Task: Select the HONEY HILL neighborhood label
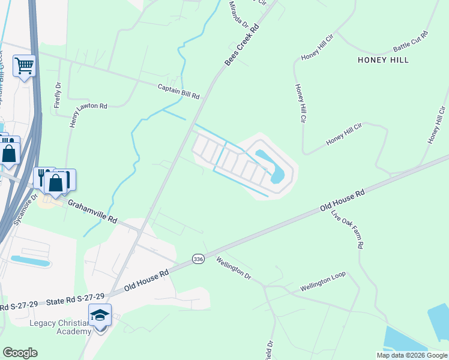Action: (x=383, y=60)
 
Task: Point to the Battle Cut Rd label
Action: (x=411, y=41)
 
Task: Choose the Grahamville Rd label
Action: (x=92, y=212)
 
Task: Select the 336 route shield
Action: (x=199, y=258)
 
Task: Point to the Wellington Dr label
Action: (x=233, y=268)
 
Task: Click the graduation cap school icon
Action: (x=100, y=314)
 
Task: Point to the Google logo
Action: (x=19, y=353)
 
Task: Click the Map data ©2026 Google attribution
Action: (x=412, y=355)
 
